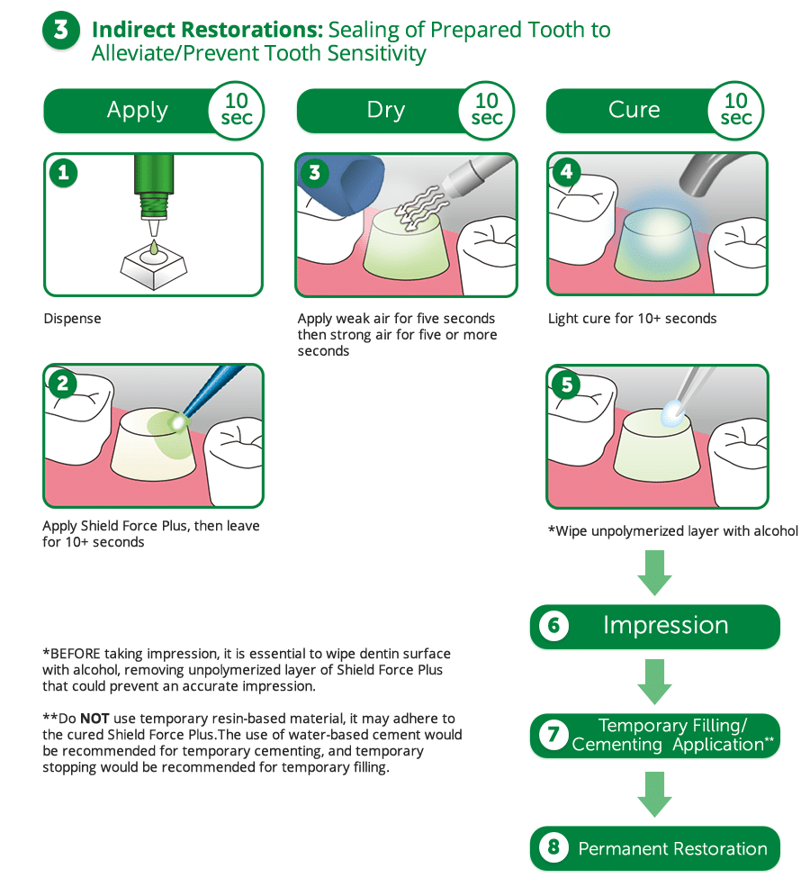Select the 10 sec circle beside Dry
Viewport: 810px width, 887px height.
(486, 109)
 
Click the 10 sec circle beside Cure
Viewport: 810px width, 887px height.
(735, 109)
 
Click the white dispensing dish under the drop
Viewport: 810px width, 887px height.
(154, 263)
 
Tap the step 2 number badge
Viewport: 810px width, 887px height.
(62, 384)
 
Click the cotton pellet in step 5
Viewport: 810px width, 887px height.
(670, 413)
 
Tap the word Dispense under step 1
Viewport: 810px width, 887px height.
(72, 318)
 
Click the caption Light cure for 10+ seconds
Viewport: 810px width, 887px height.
(632, 318)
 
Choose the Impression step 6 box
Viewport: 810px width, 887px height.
(654, 626)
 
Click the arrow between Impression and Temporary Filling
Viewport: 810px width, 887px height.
(654, 681)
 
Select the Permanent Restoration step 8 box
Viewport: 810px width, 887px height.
(654, 848)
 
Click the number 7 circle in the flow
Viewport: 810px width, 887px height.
(553, 736)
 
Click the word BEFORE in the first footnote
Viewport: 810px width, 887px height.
(74, 653)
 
